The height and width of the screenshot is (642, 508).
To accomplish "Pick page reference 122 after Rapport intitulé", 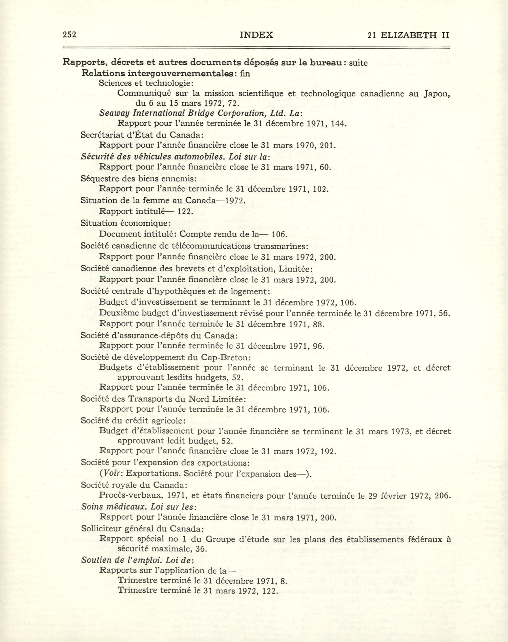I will (185, 211).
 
